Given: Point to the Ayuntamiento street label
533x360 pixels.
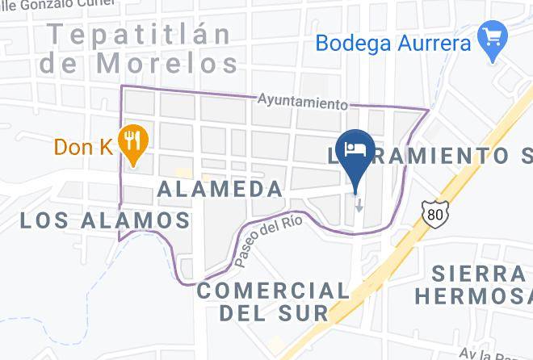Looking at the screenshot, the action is point(303,103).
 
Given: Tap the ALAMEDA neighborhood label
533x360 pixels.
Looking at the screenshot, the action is point(220,189).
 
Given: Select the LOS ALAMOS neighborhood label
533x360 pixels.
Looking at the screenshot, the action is point(105,220).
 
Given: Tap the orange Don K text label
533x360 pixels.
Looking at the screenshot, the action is point(83,147).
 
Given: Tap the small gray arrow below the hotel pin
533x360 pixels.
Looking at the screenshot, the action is point(359,205).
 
